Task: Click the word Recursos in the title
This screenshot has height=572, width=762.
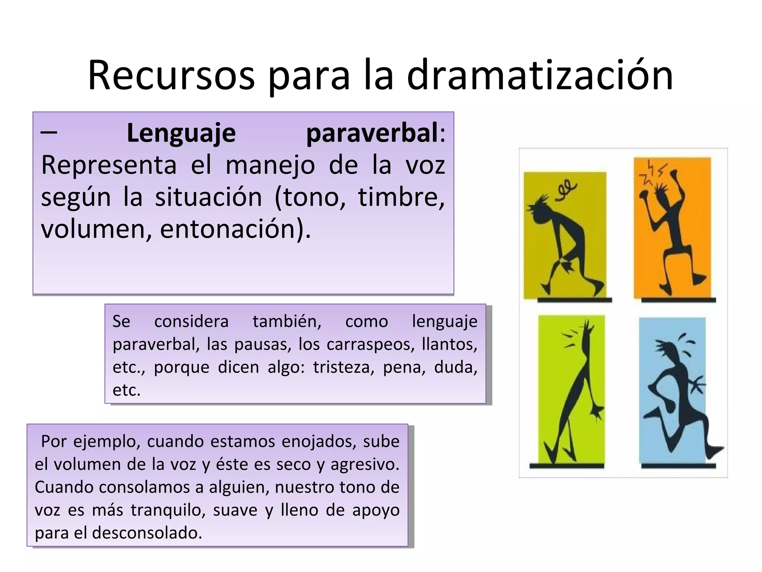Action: (171, 75)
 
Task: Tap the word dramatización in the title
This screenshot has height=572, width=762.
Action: (540, 75)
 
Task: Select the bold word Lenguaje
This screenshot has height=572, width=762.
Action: (181, 133)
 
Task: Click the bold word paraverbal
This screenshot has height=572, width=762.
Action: (372, 133)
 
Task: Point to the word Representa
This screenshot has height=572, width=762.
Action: (109, 165)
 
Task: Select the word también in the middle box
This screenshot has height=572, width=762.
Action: (287, 321)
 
